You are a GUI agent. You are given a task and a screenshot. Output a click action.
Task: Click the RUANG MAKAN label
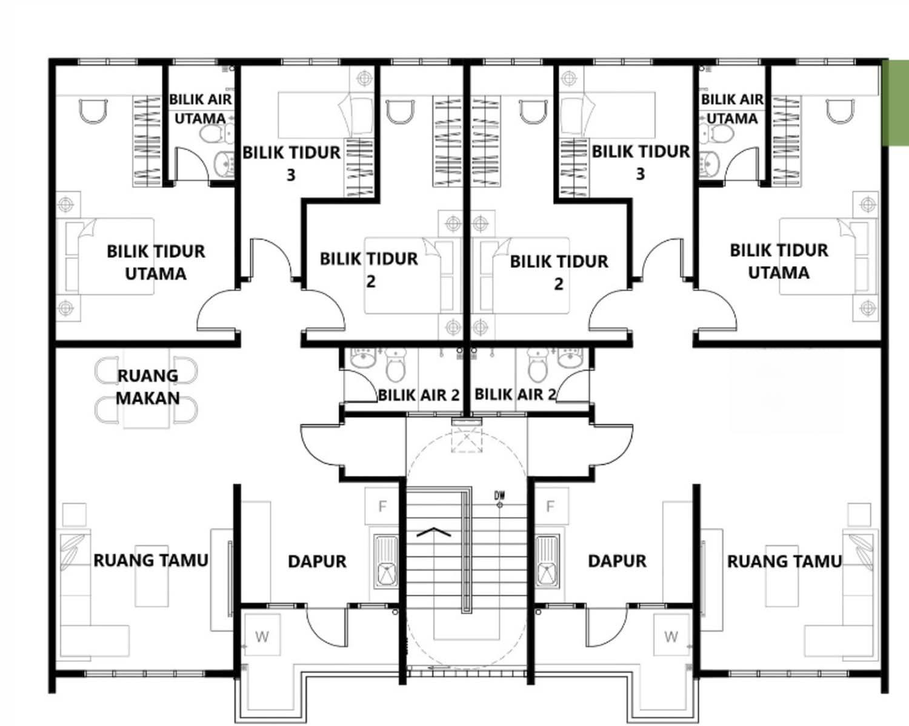coord(147,387)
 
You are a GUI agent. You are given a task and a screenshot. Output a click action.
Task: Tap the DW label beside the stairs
coord(499,495)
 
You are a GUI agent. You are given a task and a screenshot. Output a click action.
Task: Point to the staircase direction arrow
coord(433,532)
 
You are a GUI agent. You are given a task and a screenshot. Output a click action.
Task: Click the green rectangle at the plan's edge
coord(896,103)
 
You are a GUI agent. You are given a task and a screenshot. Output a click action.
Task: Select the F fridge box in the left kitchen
coord(382,506)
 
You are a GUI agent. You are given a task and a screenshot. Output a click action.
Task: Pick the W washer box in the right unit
coord(671,636)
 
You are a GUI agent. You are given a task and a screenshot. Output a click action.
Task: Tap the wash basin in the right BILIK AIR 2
coord(570,357)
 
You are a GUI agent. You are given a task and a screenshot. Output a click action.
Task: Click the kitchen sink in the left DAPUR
coord(385,562)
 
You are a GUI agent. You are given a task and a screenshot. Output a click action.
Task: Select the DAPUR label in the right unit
coord(617,561)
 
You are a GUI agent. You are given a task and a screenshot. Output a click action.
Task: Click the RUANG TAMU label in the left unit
coord(151,561)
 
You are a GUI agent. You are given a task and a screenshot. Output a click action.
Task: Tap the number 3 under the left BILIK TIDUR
coord(291,175)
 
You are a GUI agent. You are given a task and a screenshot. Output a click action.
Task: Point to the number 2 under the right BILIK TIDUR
coord(558,284)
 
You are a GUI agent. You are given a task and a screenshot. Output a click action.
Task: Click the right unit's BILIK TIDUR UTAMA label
coord(779,262)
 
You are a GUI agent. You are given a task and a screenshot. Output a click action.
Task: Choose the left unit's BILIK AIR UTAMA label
coord(201,109)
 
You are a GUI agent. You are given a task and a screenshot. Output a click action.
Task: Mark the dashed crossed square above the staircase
coord(467,439)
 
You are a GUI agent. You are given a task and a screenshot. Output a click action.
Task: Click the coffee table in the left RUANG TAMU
coord(151,576)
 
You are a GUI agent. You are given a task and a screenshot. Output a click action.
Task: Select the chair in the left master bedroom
coord(93,111)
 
